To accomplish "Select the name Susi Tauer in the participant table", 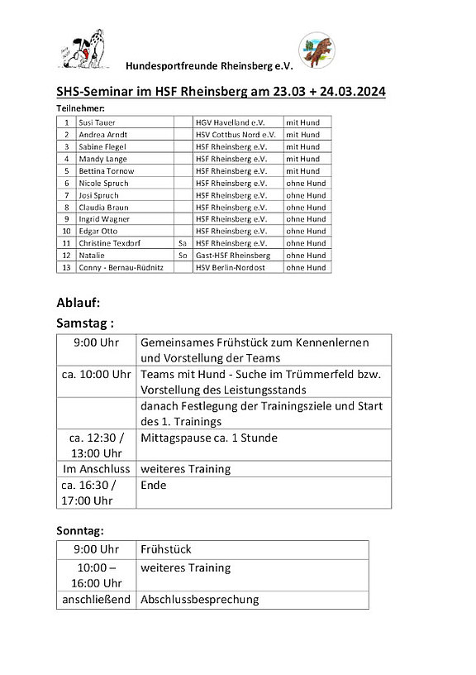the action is point(98,122).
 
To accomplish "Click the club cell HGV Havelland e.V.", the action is point(231,122).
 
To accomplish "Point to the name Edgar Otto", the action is point(98,231).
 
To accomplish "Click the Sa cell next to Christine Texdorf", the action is point(182,243).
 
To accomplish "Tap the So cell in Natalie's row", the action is point(182,256).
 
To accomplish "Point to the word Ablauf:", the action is point(78,302).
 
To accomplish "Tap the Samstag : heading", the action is point(84,323).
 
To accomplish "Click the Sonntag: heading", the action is point(80,529).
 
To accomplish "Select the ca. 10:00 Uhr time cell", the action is point(96,375).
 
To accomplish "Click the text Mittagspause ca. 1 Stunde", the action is point(209,438).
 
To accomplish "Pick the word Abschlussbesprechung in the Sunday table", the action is point(199,599).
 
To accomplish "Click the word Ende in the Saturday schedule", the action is point(154,485).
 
